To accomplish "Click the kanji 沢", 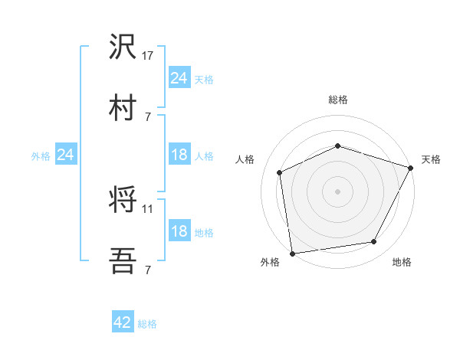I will [123, 47].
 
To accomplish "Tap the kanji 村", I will [123, 108].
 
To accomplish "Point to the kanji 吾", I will [123, 262].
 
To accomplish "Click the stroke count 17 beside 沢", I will [148, 55].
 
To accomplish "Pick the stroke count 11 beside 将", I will [148, 208].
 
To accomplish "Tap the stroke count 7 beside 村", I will [148, 116].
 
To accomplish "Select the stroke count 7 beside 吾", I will [148, 270].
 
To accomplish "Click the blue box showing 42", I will [123, 323].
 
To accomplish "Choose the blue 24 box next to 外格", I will [66, 155].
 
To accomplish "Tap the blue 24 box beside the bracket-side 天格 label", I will [179, 78].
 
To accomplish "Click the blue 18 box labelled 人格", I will [179, 155].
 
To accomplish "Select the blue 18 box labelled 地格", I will [179, 232].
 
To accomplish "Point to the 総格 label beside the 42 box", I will [147, 324].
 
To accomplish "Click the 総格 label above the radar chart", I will [338, 100].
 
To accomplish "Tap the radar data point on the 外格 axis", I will [292, 253].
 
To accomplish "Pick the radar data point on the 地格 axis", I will [374, 241].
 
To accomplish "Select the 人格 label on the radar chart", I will [245, 159].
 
